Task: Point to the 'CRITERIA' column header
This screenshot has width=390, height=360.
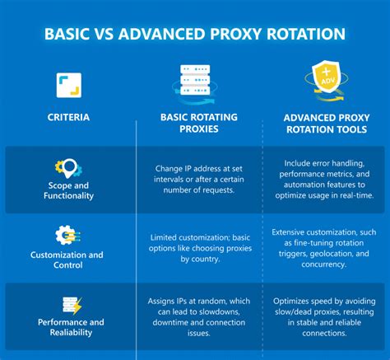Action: [x=68, y=118]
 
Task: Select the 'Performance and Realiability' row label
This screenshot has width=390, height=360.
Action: [x=68, y=328]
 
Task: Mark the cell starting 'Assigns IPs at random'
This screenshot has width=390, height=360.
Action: [x=197, y=317]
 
